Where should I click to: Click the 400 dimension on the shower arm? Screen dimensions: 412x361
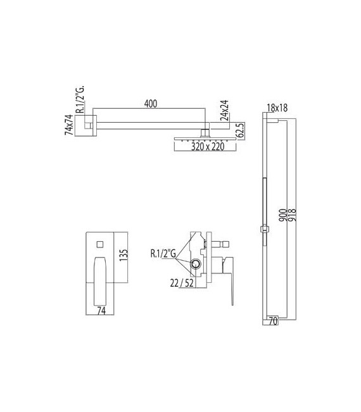pyautogui.click(x=150, y=103)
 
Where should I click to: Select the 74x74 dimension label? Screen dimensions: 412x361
pyautogui.click(x=70, y=123)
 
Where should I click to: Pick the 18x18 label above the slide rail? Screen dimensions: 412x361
pyautogui.click(x=277, y=109)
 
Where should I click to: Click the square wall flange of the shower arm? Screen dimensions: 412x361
pyautogui.click(x=87, y=123)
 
